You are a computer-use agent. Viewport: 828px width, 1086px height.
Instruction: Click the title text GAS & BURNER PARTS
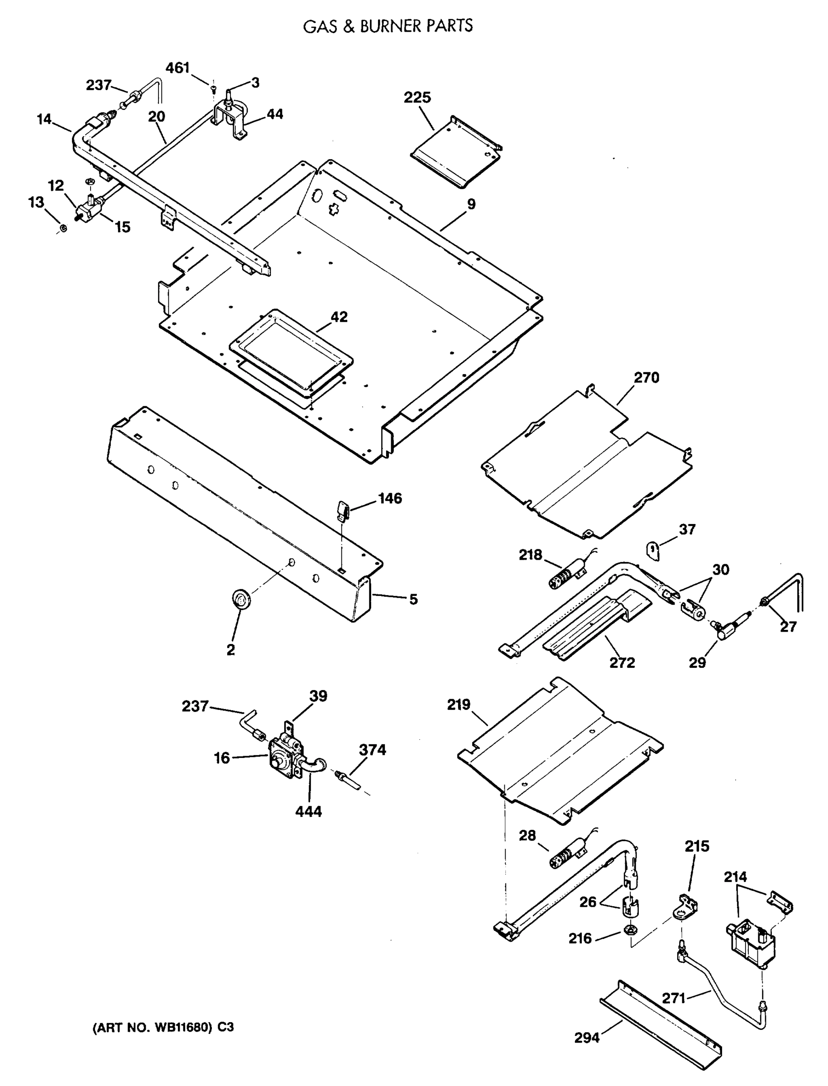pos(388,26)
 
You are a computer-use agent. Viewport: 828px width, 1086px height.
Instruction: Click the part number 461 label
pos(177,68)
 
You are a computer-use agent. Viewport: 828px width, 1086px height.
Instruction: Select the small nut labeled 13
pos(63,229)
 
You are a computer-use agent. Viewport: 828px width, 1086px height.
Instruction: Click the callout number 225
pos(417,98)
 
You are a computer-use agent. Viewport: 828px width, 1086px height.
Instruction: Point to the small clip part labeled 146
pos(343,509)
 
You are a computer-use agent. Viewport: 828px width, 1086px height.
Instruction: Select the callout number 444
pos(309,811)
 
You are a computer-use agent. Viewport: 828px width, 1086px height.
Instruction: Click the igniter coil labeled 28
pos(568,856)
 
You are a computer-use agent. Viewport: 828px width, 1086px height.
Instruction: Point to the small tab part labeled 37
pos(653,550)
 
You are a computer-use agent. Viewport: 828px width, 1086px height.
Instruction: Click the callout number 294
pos(587,1038)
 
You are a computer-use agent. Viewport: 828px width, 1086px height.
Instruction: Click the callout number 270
pos(646,378)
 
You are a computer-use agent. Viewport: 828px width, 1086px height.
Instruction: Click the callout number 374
pos(372,750)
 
